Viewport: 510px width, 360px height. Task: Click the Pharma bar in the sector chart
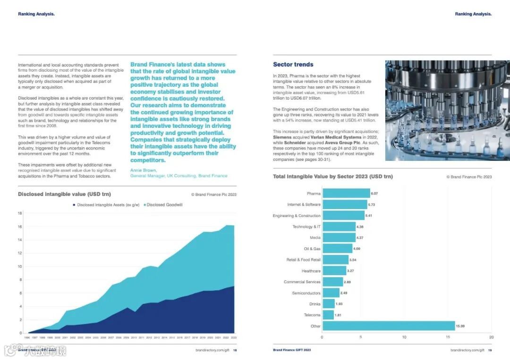point(346,193)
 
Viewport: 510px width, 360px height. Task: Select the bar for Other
point(388,326)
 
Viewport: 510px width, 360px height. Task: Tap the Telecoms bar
point(328,315)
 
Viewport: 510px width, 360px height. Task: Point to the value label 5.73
point(373,205)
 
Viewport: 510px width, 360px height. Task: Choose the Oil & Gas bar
point(337,249)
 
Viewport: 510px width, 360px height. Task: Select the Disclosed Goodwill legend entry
point(164,205)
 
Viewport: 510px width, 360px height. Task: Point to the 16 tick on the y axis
point(20,226)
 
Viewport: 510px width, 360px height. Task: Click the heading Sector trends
point(293,65)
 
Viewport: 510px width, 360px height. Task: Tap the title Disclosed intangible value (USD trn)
point(64,194)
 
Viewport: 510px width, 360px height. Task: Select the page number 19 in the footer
point(490,350)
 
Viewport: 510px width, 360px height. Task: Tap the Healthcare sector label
point(311,271)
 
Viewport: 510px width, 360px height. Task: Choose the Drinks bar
point(328,304)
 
